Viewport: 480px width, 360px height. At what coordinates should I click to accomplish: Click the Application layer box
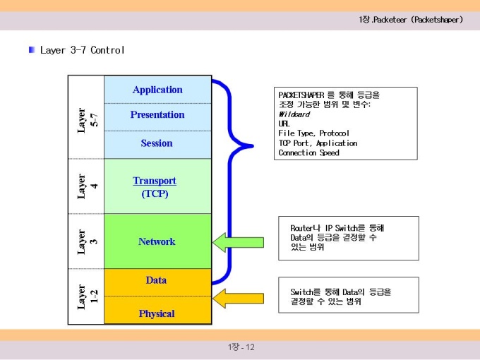(x=157, y=90)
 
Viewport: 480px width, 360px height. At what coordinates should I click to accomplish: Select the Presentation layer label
(x=157, y=114)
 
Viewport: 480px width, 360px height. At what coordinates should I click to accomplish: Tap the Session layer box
(x=157, y=145)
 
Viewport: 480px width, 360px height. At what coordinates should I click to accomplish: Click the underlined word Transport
(x=155, y=181)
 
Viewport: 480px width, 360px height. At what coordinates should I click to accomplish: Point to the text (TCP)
(x=155, y=194)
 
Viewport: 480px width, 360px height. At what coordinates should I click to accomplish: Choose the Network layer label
(x=157, y=241)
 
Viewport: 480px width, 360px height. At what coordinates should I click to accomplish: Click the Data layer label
(x=156, y=280)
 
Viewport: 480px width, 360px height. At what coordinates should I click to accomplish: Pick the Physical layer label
(x=157, y=313)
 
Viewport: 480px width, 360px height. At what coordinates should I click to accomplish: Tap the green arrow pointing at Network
(x=238, y=242)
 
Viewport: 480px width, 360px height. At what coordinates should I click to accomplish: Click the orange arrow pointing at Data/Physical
(x=238, y=299)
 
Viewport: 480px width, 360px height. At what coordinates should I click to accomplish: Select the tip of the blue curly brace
(x=253, y=146)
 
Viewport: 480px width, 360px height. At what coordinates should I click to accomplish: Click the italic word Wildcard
(x=294, y=114)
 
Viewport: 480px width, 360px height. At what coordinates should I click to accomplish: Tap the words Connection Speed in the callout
(x=309, y=152)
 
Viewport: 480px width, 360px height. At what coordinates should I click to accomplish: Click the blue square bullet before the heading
(x=32, y=49)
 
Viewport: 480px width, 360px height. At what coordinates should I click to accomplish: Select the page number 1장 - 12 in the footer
(x=241, y=347)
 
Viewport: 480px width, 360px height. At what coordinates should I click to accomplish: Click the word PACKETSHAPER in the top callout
(x=301, y=95)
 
